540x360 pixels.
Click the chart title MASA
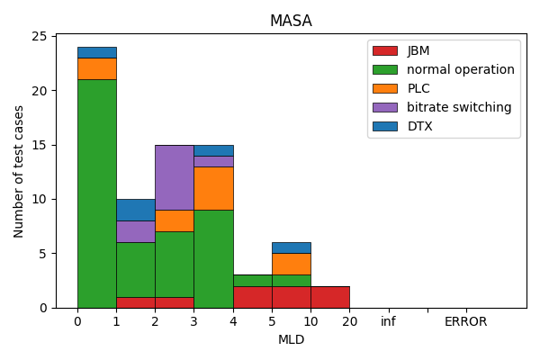pyautogui.click(x=291, y=21)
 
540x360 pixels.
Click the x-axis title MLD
pyautogui.click(x=291, y=340)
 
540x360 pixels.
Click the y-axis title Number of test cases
pyautogui.click(x=20, y=171)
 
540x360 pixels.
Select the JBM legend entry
pyautogui.click(x=418, y=50)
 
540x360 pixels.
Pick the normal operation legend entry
pyautogui.click(x=460, y=69)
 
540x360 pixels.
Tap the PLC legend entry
pyautogui.click(x=418, y=88)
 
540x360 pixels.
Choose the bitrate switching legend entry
pyautogui.click(x=459, y=107)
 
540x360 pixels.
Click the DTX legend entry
pyautogui.click(x=419, y=126)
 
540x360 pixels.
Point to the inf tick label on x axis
pyautogui.click(x=388, y=321)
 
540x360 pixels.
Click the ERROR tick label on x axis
pyautogui.click(x=465, y=321)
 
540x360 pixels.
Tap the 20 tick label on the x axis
pyautogui.click(x=349, y=321)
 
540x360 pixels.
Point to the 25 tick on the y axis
pyautogui.click(x=40, y=36)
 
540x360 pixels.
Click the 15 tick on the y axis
pyautogui.click(x=40, y=145)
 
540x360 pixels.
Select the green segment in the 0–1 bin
pyautogui.click(x=96, y=193)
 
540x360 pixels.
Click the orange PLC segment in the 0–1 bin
pyautogui.click(x=96, y=68)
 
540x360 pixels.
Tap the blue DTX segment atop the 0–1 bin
pyautogui.click(x=96, y=52)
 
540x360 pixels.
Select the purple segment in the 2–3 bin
pyautogui.click(x=174, y=177)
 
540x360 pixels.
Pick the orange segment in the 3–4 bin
pyautogui.click(x=213, y=188)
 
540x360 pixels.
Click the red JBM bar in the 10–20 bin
pyautogui.click(x=329, y=297)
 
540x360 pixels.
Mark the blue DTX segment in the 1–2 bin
pyautogui.click(x=135, y=210)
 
